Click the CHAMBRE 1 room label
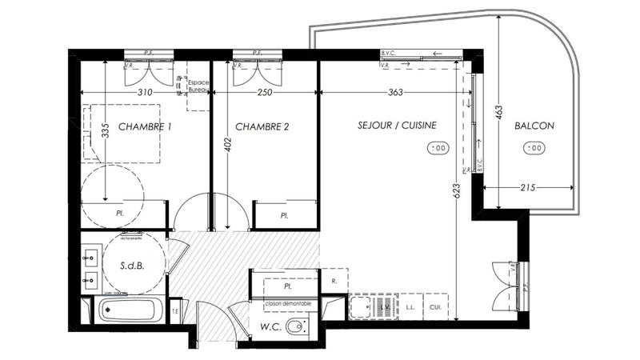(145, 126)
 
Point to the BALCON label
(534, 126)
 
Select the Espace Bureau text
(198, 87)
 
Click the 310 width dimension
(145, 93)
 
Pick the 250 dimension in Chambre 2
(265, 93)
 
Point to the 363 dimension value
(395, 93)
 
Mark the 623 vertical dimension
(457, 192)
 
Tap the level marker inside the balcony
(534, 147)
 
